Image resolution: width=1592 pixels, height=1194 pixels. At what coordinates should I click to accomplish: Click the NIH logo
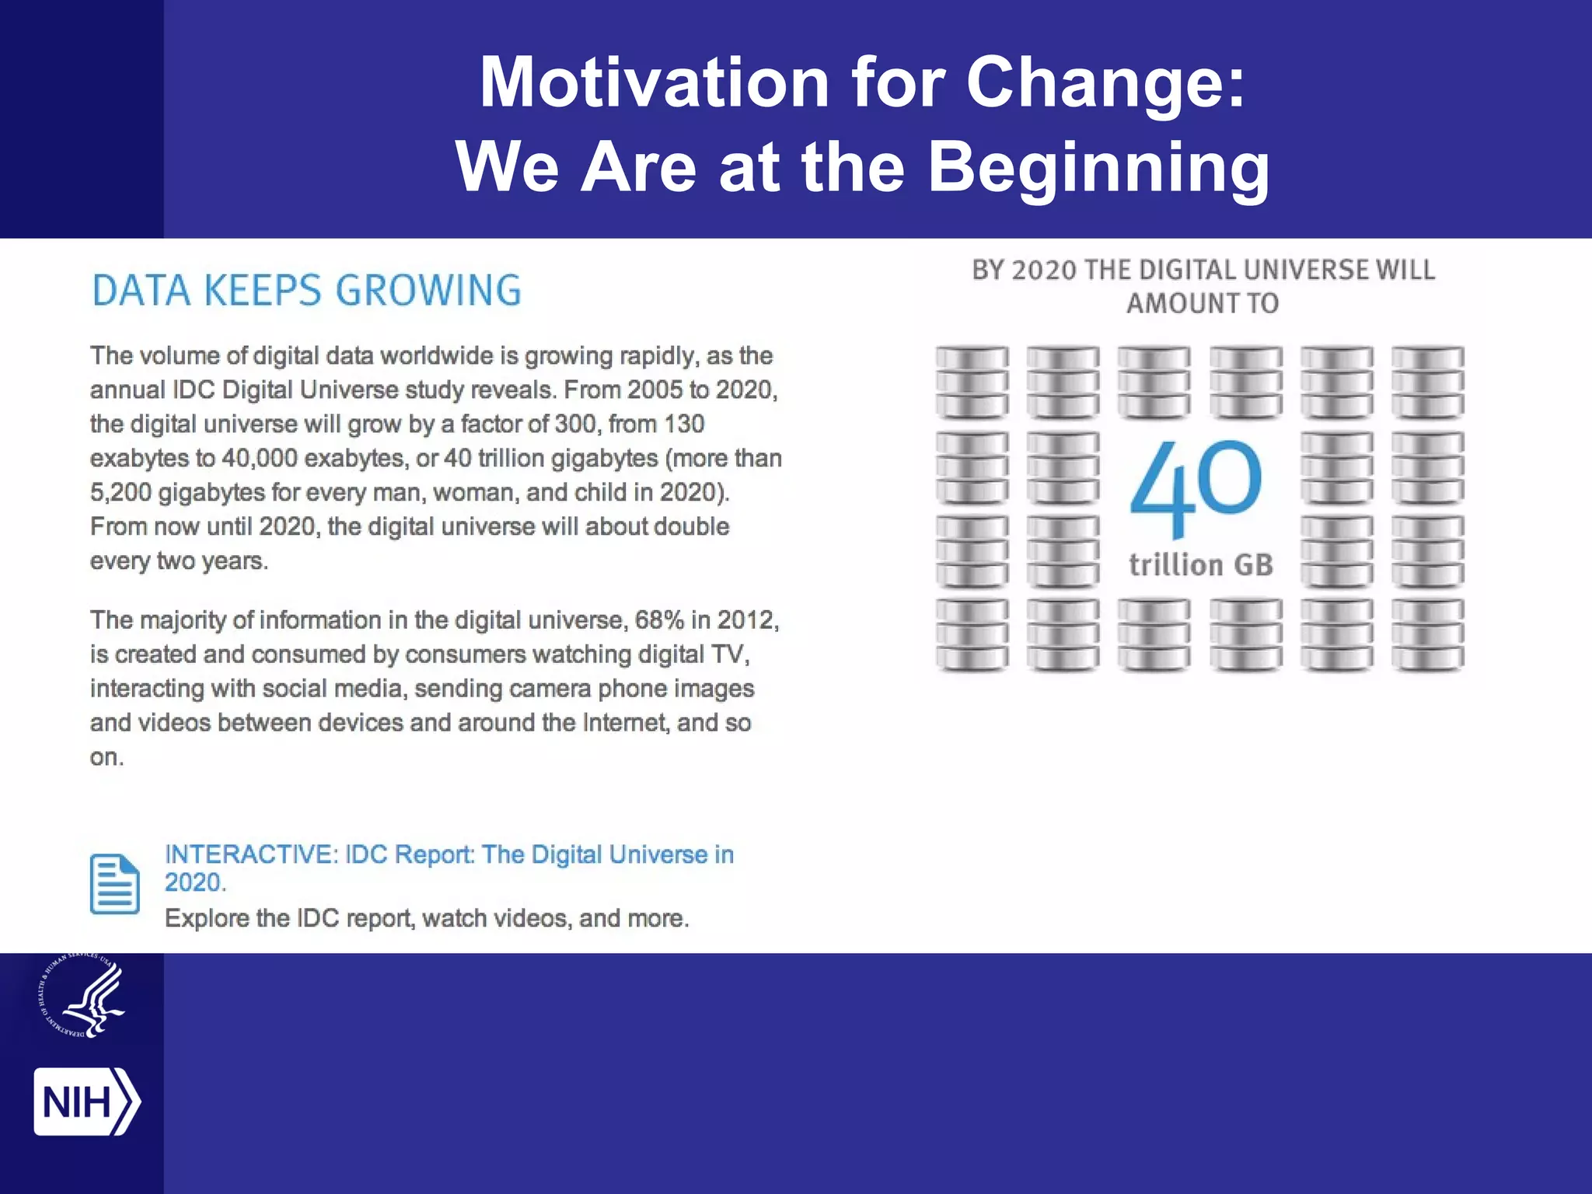click(86, 1101)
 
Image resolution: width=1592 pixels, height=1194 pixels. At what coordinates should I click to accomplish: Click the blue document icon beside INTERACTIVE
click(115, 884)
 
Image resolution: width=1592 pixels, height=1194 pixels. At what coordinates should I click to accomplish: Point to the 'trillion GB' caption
click(1201, 565)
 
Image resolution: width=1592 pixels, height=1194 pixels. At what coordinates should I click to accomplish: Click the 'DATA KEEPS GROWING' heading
click(306, 291)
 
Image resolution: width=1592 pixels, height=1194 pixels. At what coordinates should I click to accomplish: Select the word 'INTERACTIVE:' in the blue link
click(250, 854)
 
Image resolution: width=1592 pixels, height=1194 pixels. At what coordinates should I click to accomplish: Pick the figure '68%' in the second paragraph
click(659, 620)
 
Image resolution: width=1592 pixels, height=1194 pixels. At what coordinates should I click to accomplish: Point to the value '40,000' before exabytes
click(259, 458)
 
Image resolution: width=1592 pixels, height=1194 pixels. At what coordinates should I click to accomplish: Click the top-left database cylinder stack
click(972, 382)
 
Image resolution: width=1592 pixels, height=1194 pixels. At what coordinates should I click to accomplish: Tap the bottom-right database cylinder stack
click(1427, 634)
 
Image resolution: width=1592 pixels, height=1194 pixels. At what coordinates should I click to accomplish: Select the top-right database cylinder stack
click(1427, 382)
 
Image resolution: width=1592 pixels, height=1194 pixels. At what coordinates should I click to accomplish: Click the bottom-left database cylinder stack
click(972, 634)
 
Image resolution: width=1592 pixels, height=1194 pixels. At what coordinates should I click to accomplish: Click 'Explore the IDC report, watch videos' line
click(427, 918)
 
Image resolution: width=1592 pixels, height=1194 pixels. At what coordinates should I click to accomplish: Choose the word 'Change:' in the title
click(1105, 82)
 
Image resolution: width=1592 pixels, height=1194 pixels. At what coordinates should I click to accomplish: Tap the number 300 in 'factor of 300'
click(574, 424)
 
